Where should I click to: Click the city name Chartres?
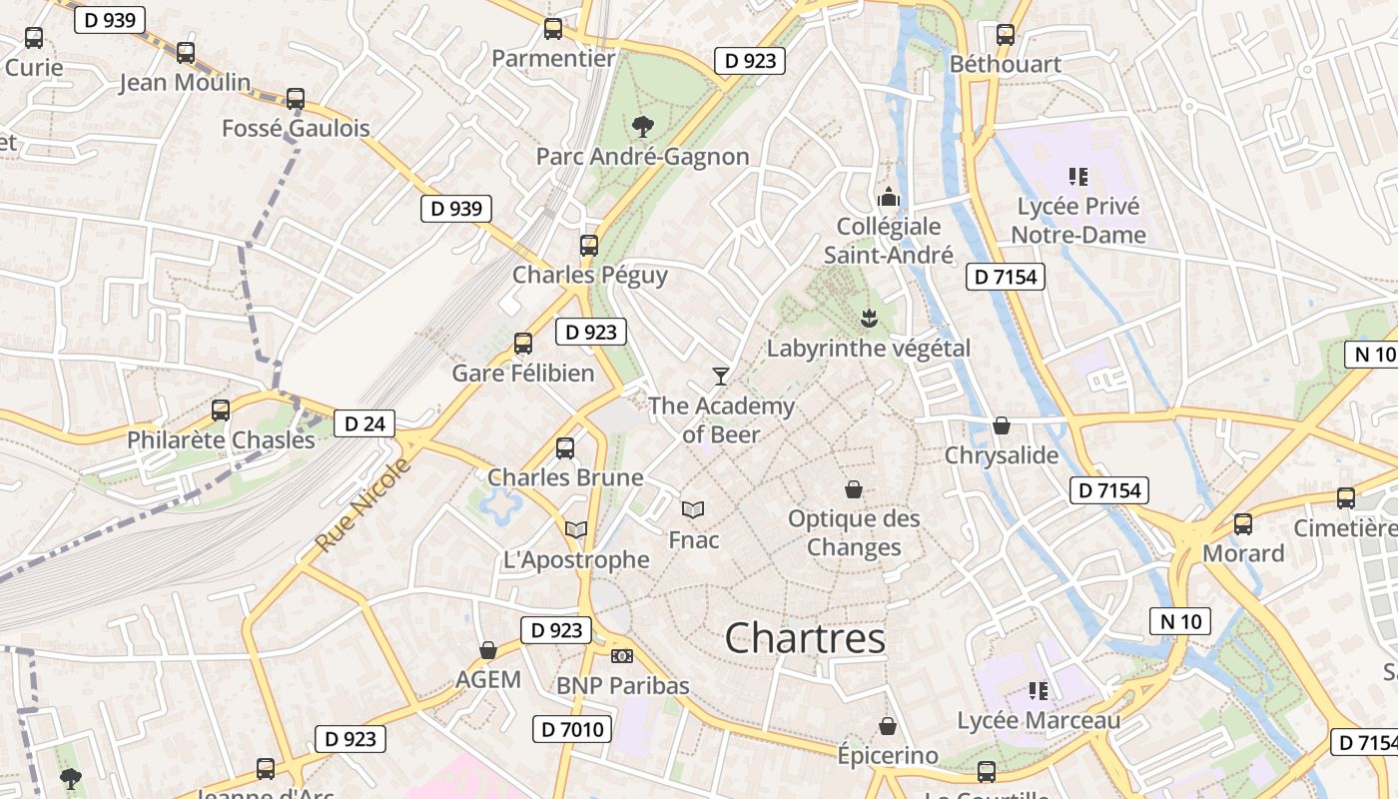pyautogui.click(x=805, y=638)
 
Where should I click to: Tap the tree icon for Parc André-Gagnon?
pyautogui.click(x=643, y=126)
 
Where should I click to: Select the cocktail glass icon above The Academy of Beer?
pyautogui.click(x=720, y=376)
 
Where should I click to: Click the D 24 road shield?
pyautogui.click(x=363, y=423)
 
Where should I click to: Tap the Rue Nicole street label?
pyautogui.click(x=362, y=505)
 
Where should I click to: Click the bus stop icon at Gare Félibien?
pyautogui.click(x=522, y=344)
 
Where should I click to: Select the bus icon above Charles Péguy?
pyautogui.click(x=589, y=245)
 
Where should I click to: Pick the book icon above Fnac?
pyautogui.click(x=693, y=509)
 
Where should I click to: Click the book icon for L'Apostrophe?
pyautogui.click(x=576, y=529)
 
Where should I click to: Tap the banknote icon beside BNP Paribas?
pyautogui.click(x=621, y=656)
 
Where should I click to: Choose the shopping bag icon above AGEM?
pyautogui.click(x=488, y=651)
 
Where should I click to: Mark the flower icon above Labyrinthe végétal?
pyautogui.click(x=868, y=318)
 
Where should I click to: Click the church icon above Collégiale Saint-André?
pyautogui.click(x=888, y=197)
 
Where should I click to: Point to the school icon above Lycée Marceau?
pyautogui.click(x=1038, y=690)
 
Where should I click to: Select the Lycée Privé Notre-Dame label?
pyautogui.click(x=1078, y=221)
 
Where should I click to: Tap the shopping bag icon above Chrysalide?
pyautogui.click(x=1002, y=426)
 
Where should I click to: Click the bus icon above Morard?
pyautogui.click(x=1243, y=523)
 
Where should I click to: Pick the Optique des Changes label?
pyautogui.click(x=854, y=533)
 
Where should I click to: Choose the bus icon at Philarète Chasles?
pyautogui.click(x=221, y=409)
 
